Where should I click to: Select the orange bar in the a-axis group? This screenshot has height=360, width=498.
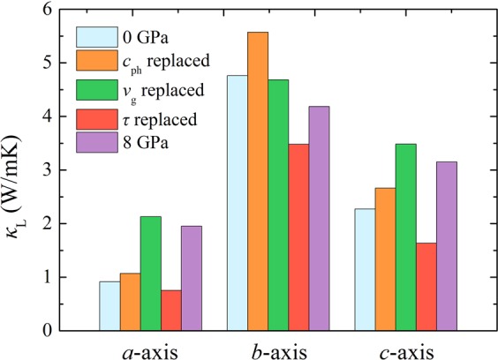[130, 302]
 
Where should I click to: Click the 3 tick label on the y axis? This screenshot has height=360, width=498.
[52, 170]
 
